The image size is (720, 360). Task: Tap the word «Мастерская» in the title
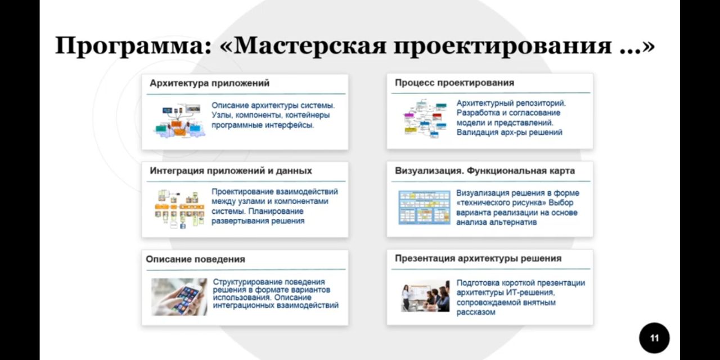309,46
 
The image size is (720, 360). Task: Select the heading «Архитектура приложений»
210,83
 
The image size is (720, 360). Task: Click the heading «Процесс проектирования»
454,83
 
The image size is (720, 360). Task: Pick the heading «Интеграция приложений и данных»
231,170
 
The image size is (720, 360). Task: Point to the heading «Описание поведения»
195,259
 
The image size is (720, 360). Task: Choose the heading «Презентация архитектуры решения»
478,258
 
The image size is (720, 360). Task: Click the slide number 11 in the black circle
654,338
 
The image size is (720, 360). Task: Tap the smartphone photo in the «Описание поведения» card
179,296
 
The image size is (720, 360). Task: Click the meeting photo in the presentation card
425,296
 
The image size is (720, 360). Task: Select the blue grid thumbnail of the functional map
424,208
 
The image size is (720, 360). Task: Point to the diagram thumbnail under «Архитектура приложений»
179,120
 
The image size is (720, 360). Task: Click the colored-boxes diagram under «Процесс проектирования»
425,119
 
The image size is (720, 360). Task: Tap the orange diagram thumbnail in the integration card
179,209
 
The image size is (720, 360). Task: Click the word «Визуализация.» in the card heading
429,171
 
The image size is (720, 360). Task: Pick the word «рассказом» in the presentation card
476,312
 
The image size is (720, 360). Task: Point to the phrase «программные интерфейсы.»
263,125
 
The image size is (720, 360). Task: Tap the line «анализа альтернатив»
496,222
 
